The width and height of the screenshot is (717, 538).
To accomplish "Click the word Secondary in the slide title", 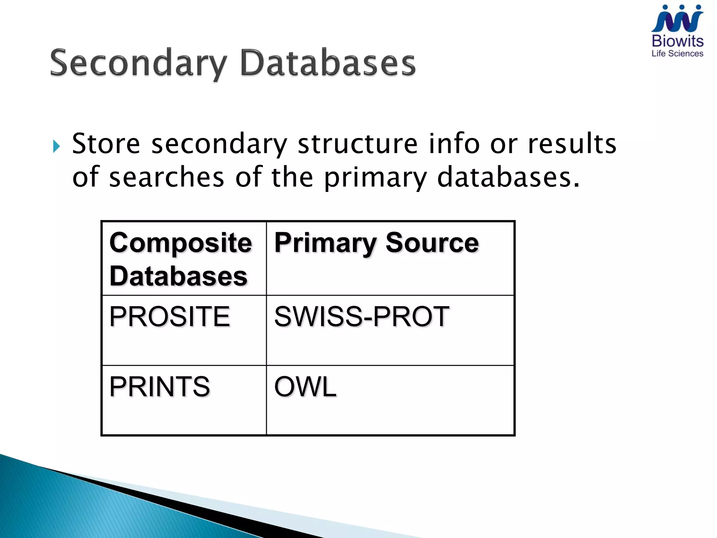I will tap(139, 63).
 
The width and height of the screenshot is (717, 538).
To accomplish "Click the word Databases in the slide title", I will tap(328, 63).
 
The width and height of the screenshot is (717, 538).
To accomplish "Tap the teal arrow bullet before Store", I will tap(56, 146).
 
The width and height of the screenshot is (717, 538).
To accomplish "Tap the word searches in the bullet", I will tap(166, 177).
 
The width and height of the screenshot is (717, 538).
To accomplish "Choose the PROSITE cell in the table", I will tap(170, 316).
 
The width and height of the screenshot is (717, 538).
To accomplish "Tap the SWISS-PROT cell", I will tap(362, 316).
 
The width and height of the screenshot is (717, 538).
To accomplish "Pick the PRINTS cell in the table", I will tap(160, 386).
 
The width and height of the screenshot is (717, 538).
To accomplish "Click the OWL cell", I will tap(305, 386).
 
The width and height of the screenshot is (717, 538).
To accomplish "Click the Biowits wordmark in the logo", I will tap(677, 41).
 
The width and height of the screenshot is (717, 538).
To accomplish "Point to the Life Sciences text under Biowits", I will tap(677, 54).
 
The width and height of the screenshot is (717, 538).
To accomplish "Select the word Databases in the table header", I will tap(179, 276).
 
